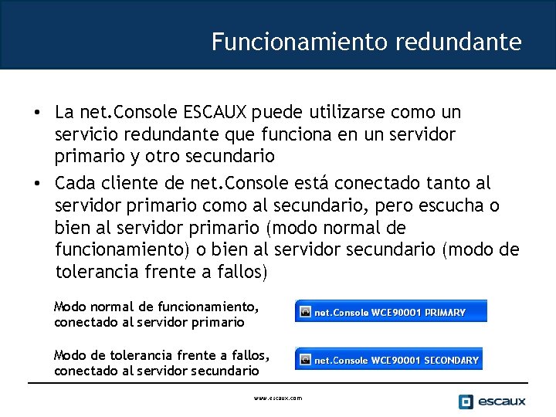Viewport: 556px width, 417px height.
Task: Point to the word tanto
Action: (x=442, y=185)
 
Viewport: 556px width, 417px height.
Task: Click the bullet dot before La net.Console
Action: (x=36, y=114)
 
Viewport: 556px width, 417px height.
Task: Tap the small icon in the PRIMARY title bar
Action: (x=305, y=313)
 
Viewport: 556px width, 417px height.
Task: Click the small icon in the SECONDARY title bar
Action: (x=305, y=360)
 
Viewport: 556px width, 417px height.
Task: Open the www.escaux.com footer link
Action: (x=278, y=398)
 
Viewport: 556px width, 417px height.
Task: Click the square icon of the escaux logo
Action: (x=466, y=402)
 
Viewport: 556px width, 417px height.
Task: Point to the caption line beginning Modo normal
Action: (x=155, y=307)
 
